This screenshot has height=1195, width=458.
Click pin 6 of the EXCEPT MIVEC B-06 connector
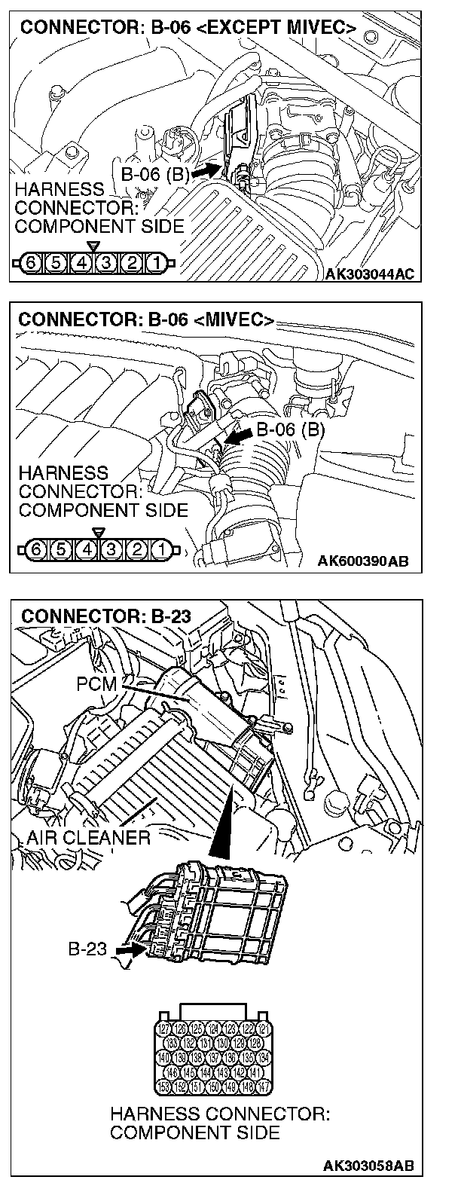(30, 264)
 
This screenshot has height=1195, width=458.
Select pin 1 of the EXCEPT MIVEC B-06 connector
(154, 264)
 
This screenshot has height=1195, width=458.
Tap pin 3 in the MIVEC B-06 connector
(112, 549)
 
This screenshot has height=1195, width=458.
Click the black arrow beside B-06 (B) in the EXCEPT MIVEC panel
(201, 173)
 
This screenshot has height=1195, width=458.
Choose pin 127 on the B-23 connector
(165, 1028)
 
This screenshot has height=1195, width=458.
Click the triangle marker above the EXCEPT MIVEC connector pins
(93, 246)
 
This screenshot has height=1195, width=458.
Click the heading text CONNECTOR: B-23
(105, 616)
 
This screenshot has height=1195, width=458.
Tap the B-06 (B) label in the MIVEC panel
(290, 430)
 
